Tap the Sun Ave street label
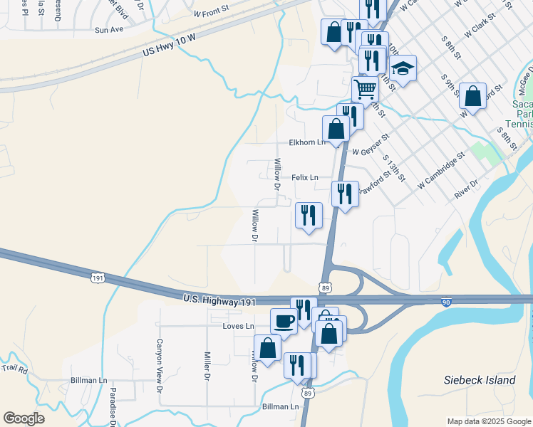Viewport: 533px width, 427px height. tap(109, 30)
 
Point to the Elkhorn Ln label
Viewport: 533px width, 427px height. tap(306, 142)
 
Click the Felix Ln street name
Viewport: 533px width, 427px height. tap(304, 177)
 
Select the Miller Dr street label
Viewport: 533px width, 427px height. tap(206, 365)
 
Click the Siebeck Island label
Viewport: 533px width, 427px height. tap(480, 380)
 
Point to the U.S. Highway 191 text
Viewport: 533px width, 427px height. tap(219, 302)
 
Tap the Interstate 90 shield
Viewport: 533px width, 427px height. tap(445, 302)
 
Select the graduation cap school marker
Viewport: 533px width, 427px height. tap(403, 68)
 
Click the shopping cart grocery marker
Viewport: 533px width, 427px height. tap(365, 89)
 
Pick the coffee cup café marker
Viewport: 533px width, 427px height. tap(284, 320)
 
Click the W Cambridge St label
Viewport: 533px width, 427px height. tap(441, 169)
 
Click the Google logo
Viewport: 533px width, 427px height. tap(24, 418)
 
